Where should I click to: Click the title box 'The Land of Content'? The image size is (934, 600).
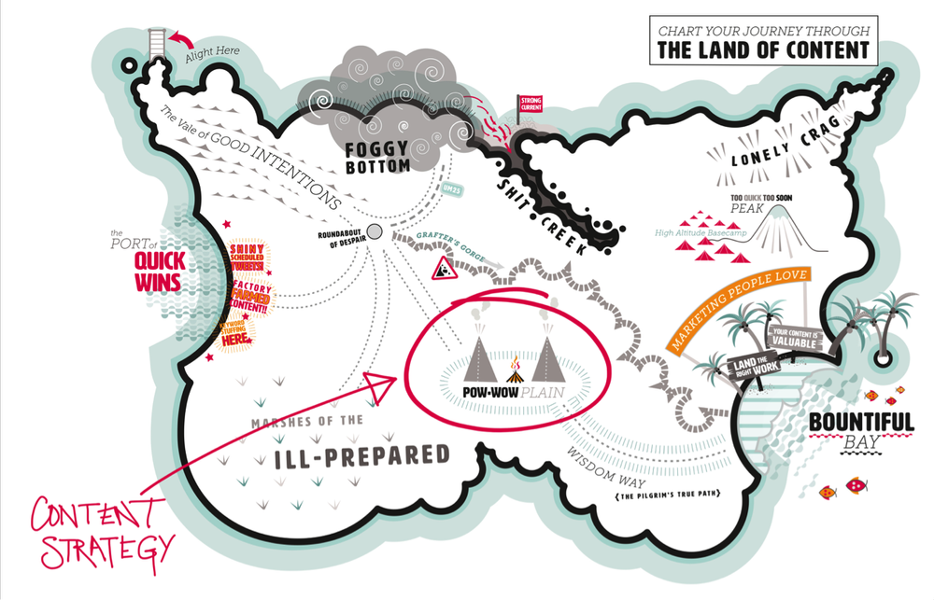763,40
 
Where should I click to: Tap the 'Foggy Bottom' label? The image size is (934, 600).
377,157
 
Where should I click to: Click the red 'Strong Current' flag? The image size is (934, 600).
530,103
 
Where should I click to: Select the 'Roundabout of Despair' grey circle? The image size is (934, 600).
375,231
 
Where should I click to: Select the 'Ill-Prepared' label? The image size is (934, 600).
361,455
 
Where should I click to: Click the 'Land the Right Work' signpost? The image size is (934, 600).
732,369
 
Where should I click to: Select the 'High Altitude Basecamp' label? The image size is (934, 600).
696,232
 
